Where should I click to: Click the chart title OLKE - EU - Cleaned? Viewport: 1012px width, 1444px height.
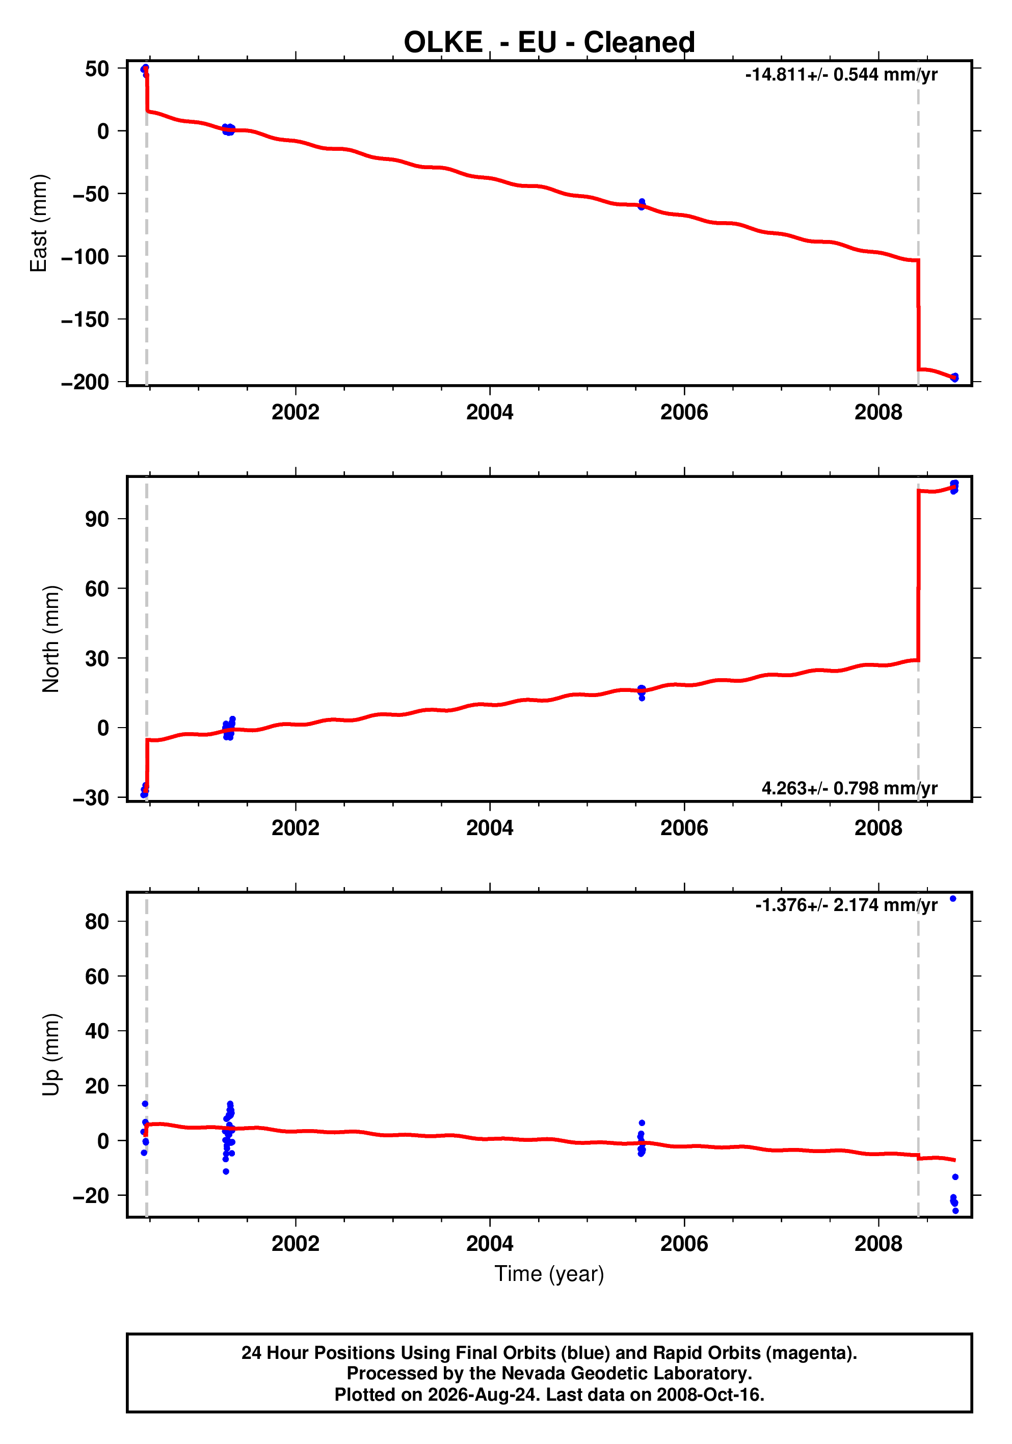coord(549,42)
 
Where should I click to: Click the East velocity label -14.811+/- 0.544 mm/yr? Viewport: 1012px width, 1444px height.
coord(841,75)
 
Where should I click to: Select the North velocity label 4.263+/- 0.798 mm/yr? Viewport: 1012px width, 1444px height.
coord(849,788)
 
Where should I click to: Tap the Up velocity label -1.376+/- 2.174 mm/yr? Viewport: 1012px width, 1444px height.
coord(846,905)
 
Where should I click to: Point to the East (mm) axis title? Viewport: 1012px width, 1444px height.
coord(39,223)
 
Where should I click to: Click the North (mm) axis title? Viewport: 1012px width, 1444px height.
coord(51,639)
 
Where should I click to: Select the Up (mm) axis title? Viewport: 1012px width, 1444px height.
coord(51,1055)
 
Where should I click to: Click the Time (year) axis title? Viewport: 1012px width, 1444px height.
coord(549,1273)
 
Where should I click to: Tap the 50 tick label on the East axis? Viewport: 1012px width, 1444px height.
coord(97,69)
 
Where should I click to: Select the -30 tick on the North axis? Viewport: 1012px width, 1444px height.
coord(91,797)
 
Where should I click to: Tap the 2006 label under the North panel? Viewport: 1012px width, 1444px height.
coord(684,828)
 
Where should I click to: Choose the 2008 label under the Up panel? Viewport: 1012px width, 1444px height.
coord(878,1244)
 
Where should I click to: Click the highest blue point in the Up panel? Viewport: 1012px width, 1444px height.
coord(953,899)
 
